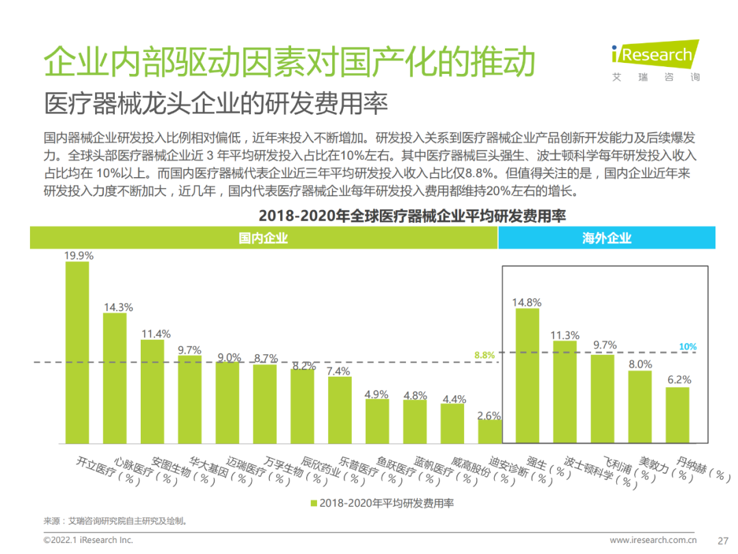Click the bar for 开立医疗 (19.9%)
pyautogui.click(x=77, y=352)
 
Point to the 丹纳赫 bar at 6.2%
pyautogui.click(x=677, y=415)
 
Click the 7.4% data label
pyautogui.click(x=339, y=371)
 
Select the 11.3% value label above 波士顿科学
pyautogui.click(x=565, y=335)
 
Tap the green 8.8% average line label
pyautogui.click(x=484, y=355)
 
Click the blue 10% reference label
pyautogui.click(x=687, y=347)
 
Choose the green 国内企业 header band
pyautogui.click(x=263, y=238)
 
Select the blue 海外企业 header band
pyautogui.click(x=607, y=238)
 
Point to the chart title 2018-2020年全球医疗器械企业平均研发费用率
pyautogui.click(x=412, y=216)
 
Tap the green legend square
pyautogui.click(x=314, y=503)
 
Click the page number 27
pyautogui.click(x=724, y=540)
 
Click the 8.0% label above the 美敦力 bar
pyautogui.click(x=640, y=365)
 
